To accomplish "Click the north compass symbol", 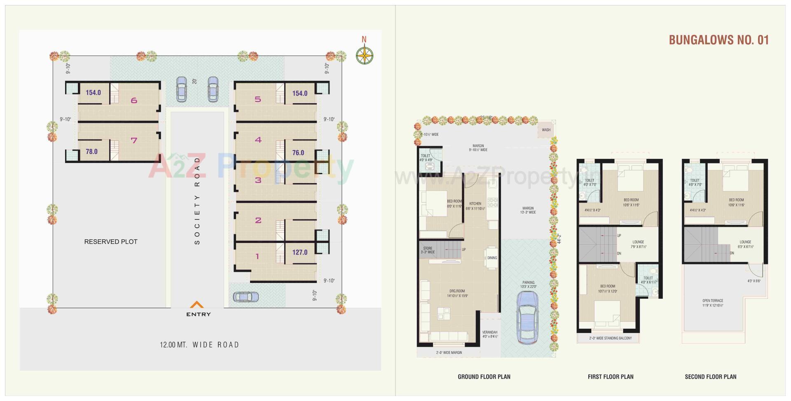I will [365, 55].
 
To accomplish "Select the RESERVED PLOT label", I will [111, 242].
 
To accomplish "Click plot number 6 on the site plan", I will [133, 100].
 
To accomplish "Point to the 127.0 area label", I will [300, 252].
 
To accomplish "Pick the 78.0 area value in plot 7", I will [91, 152].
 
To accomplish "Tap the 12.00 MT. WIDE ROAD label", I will [199, 344].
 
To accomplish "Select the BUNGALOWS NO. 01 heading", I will [718, 40].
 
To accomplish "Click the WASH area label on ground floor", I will [546, 130].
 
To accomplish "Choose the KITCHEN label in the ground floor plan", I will [475, 204].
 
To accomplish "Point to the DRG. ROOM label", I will [457, 291].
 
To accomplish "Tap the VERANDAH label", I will [490, 332].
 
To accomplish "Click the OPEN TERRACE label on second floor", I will [713, 301].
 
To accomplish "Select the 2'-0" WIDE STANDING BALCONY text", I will [610, 338].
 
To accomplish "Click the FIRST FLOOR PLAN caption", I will [610, 377].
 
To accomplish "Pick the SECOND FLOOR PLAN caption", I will [710, 377].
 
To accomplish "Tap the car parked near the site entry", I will [246, 297].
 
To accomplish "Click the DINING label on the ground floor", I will [492, 258].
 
